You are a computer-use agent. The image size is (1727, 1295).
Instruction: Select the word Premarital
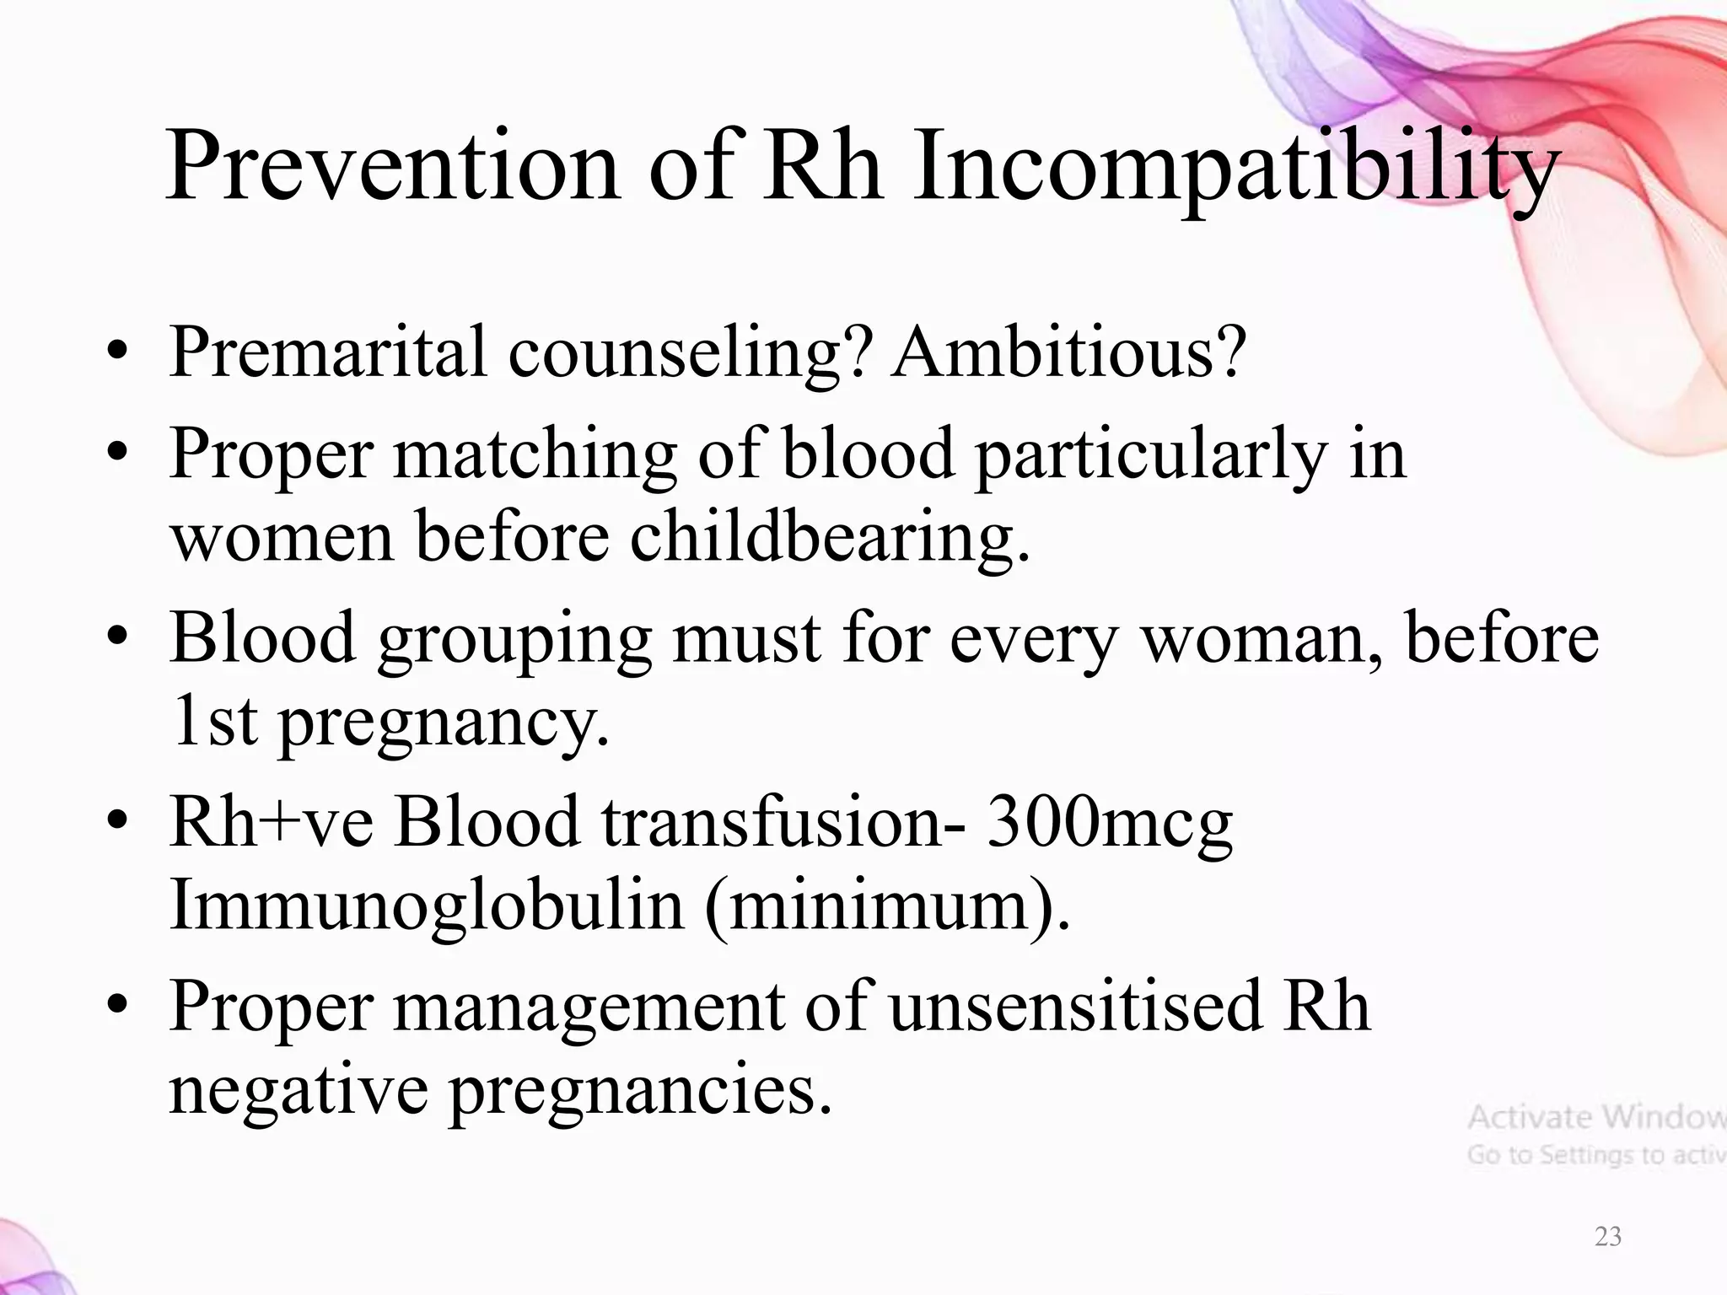tap(328, 352)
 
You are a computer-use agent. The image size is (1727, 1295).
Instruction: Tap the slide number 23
tap(1607, 1236)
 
